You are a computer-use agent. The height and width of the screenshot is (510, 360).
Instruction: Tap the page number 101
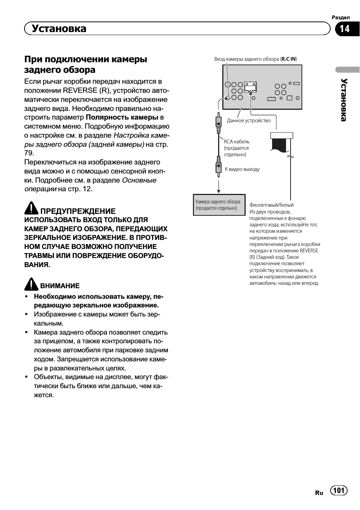339,490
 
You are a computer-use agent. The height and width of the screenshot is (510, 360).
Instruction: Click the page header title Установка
59,29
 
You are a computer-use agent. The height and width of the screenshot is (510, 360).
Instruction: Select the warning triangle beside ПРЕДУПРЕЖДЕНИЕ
31,208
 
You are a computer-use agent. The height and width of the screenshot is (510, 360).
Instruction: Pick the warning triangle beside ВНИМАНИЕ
31,284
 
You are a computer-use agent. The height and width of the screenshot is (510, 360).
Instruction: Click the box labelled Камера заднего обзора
219,205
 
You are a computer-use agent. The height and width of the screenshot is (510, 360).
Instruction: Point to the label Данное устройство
249,121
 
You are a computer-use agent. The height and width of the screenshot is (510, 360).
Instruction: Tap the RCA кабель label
237,142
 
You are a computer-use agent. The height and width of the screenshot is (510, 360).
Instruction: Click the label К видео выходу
242,169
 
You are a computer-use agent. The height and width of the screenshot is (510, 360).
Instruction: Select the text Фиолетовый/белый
271,205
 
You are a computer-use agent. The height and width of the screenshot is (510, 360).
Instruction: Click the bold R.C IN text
289,59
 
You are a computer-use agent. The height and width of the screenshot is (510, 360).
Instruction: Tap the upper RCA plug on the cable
218,123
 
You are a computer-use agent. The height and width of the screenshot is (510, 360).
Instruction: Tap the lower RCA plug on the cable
218,166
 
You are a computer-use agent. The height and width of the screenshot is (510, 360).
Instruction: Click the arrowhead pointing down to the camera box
218,191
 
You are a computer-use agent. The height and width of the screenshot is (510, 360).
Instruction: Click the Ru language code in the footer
319,493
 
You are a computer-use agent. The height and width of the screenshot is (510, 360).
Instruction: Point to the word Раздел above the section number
341,18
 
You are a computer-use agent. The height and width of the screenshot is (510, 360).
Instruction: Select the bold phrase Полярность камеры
122,117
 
